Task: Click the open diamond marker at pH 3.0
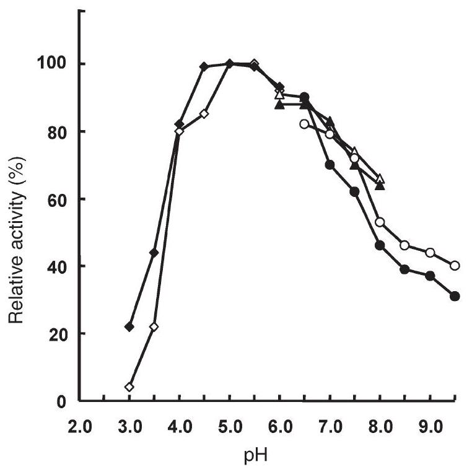coord(129,387)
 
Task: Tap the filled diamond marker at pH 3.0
coord(129,326)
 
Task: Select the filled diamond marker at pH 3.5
coord(154,252)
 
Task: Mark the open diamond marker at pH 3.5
coord(154,326)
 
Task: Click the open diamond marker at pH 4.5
coord(204,114)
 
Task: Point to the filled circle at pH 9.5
coord(455,296)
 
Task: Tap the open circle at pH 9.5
coord(455,266)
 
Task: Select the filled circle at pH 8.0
coord(380,245)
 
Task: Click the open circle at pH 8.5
coord(405,245)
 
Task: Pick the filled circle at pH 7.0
coord(330,165)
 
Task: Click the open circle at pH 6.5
coord(304,124)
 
